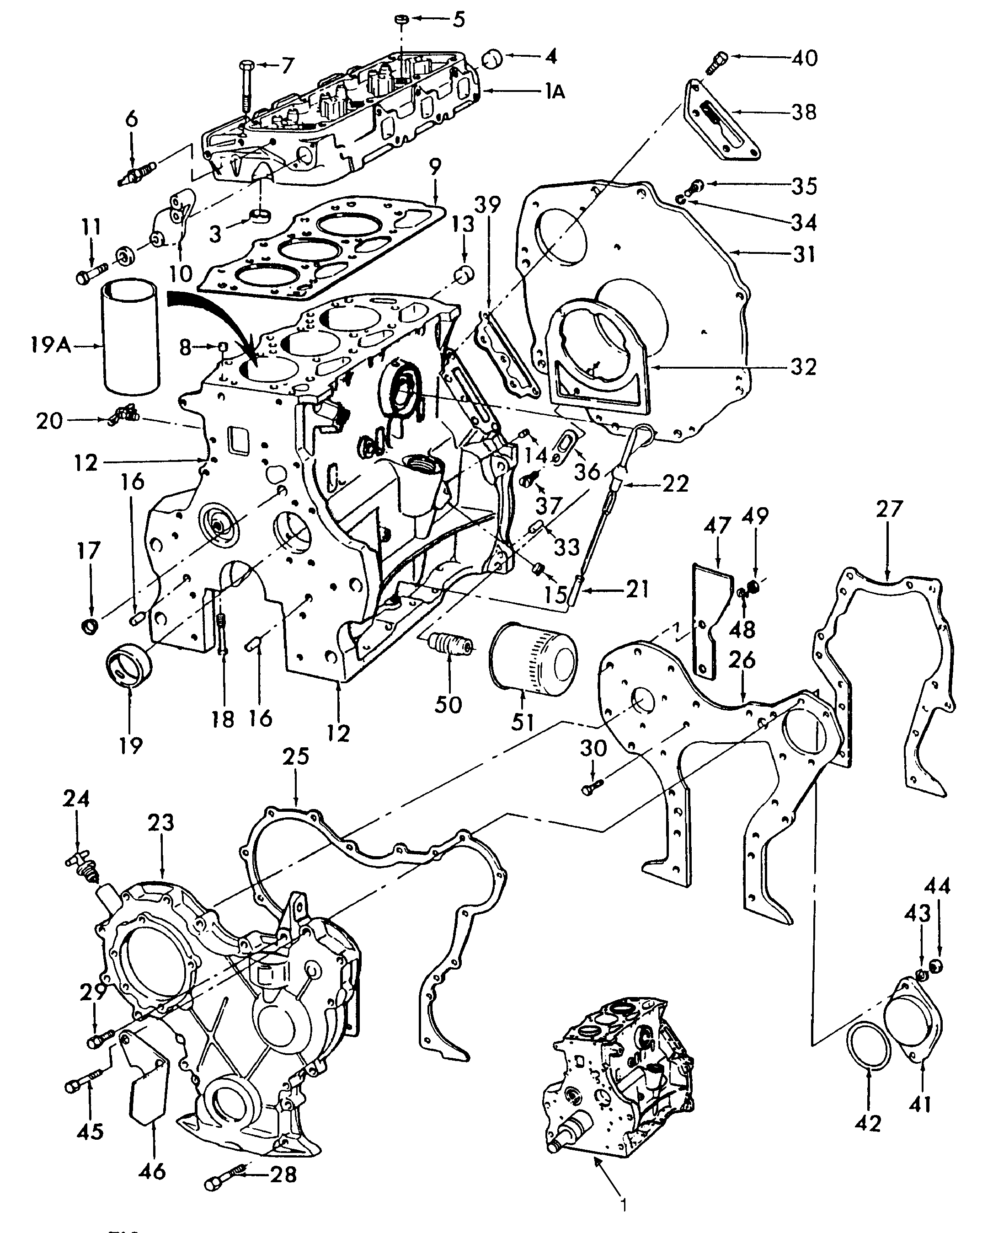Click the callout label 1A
click(554, 91)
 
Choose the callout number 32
click(803, 366)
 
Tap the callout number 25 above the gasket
click(296, 756)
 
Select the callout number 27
click(888, 509)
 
